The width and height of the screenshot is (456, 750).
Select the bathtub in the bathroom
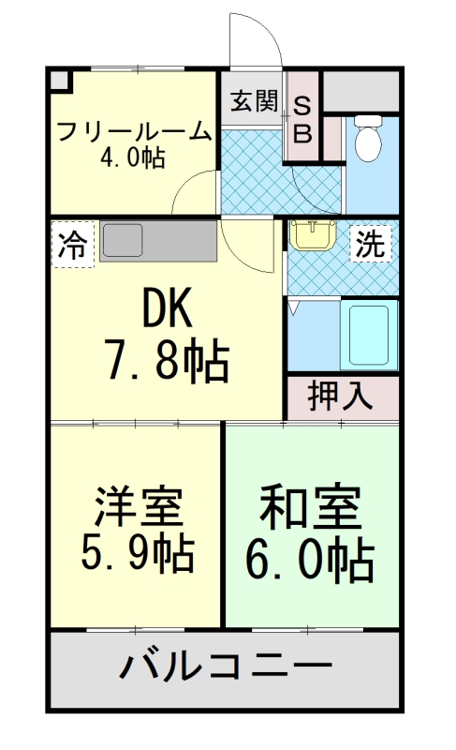pos(367,335)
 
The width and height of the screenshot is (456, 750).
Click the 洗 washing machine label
pos(370,245)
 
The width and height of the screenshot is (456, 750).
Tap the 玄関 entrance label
pos(253,100)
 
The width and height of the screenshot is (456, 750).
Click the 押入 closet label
pos(342,397)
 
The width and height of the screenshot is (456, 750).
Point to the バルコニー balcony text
pos(226,668)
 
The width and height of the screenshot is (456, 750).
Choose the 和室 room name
pos(309,509)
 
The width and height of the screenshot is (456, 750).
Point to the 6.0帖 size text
pos(310,560)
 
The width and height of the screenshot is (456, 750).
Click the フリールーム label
pos(134,132)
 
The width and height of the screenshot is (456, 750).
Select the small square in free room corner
pos(61,81)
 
